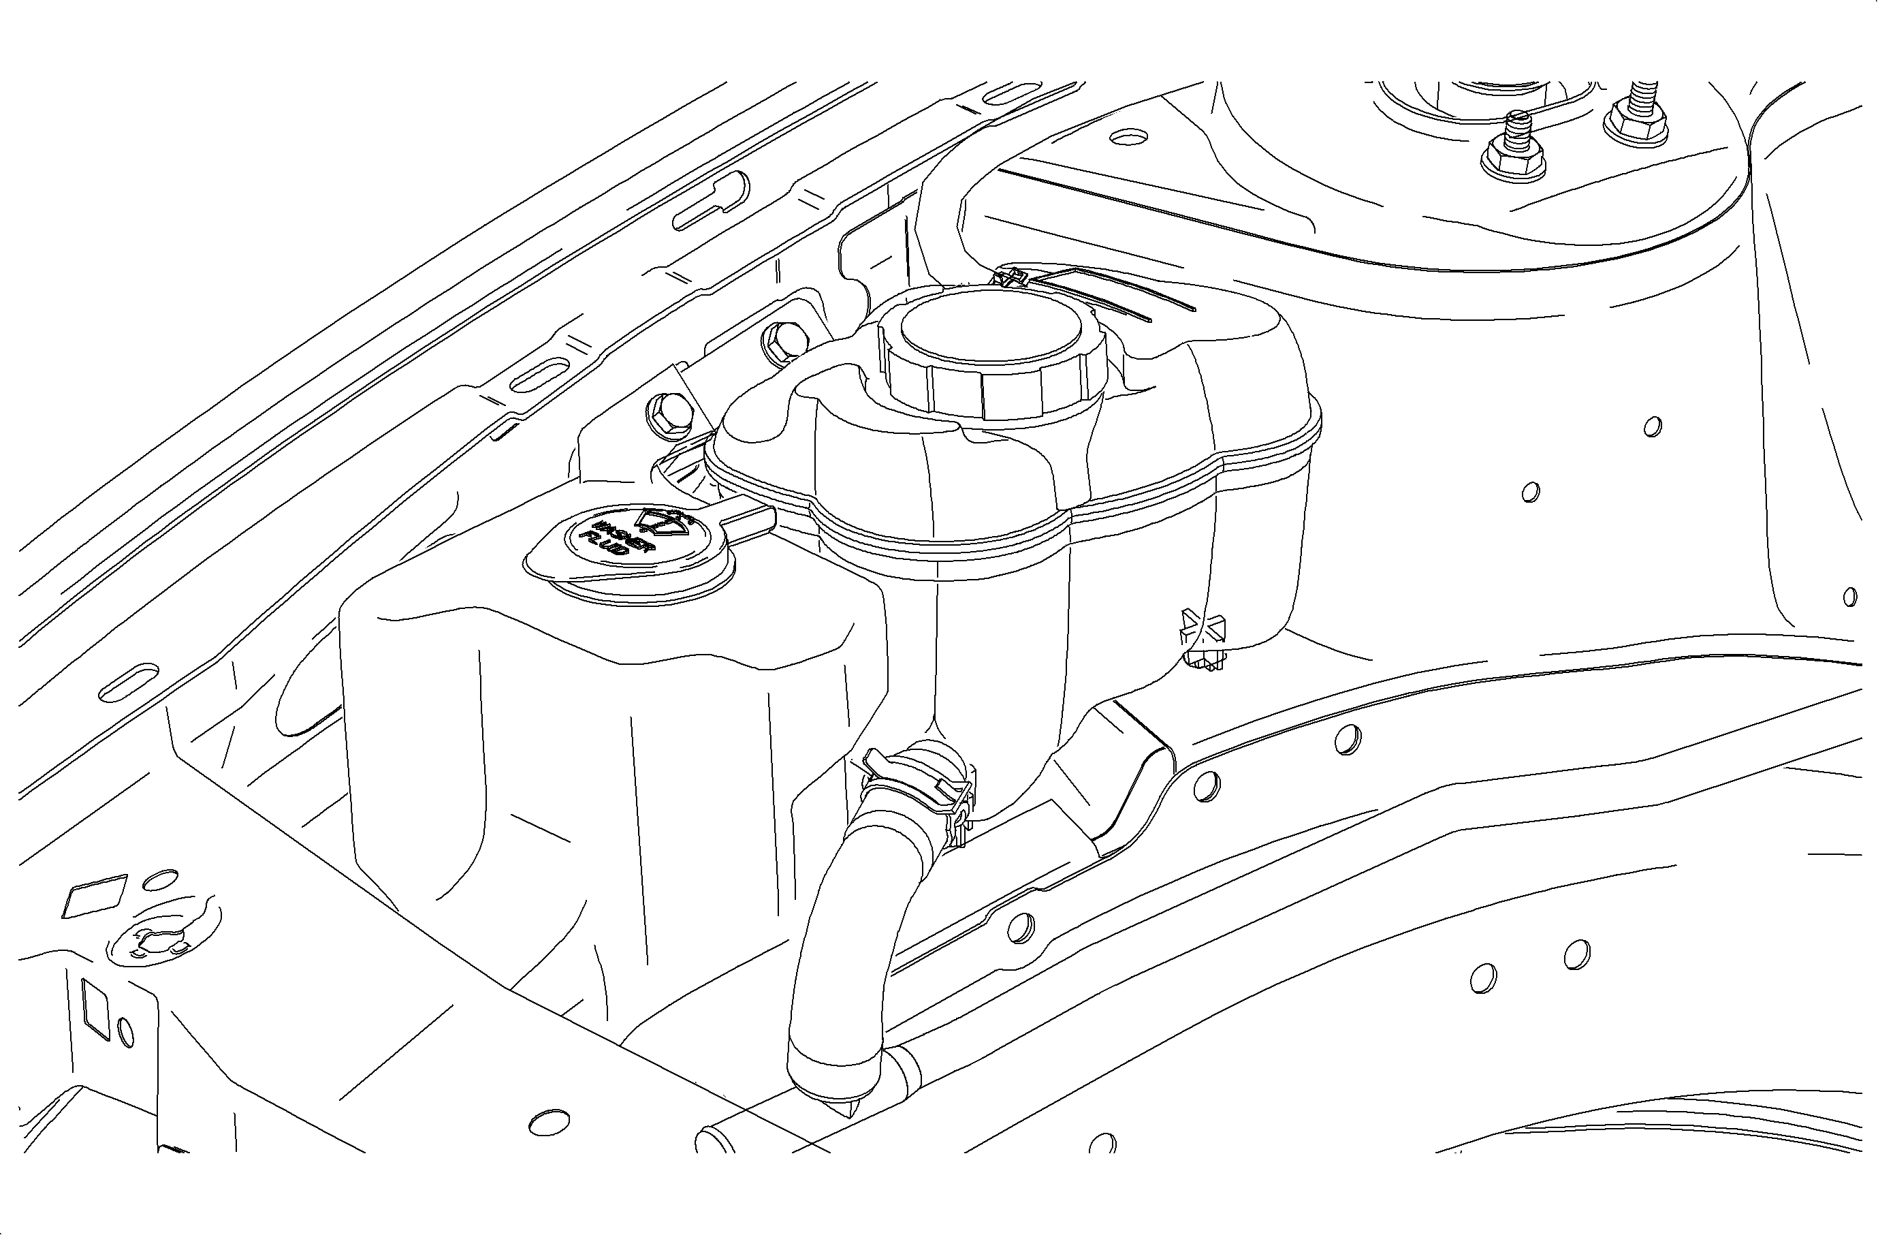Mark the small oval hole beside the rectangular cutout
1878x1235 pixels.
(125, 1031)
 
